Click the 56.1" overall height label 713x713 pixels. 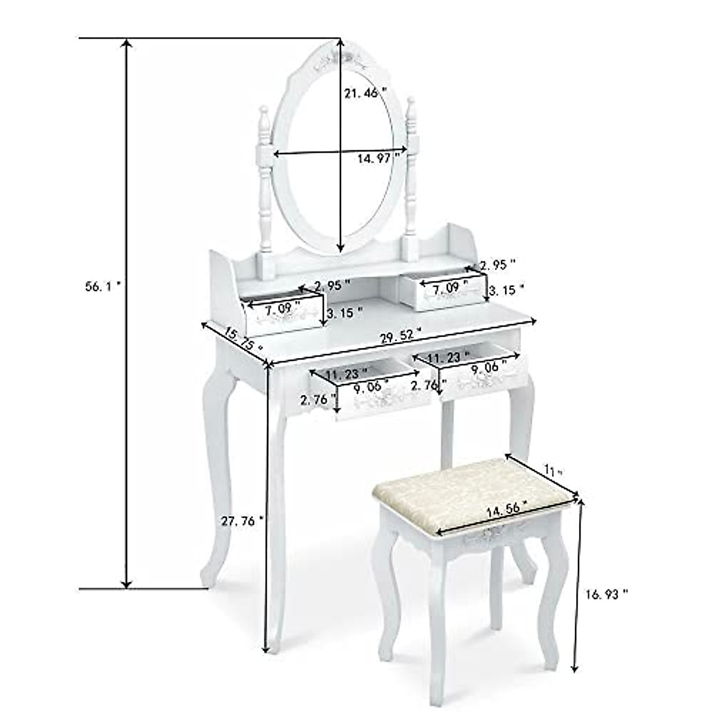(x=103, y=286)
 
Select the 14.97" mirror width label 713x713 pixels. (x=378, y=158)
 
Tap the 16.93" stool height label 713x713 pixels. (x=606, y=593)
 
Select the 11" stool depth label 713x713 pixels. (x=554, y=472)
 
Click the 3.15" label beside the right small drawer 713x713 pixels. (x=506, y=289)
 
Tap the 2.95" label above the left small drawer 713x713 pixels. (x=333, y=285)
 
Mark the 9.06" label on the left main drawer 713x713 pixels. (x=371, y=389)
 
